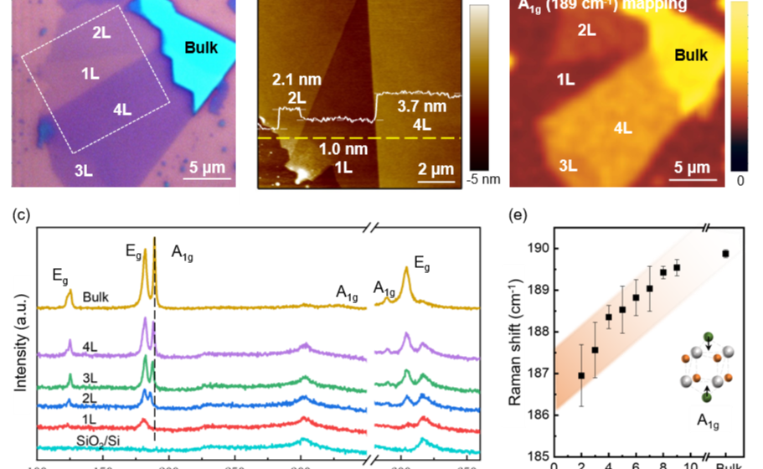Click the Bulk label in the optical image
(200, 48)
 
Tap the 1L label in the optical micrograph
(90, 74)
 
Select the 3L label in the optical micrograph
(82, 172)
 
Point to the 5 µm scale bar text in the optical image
(205, 166)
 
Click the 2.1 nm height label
(290, 80)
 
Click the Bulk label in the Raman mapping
(691, 56)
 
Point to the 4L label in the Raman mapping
(622, 128)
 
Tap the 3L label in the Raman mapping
(568, 165)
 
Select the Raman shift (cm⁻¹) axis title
(518, 332)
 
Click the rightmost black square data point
(725, 253)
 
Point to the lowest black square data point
(580, 375)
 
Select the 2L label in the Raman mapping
(587, 30)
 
